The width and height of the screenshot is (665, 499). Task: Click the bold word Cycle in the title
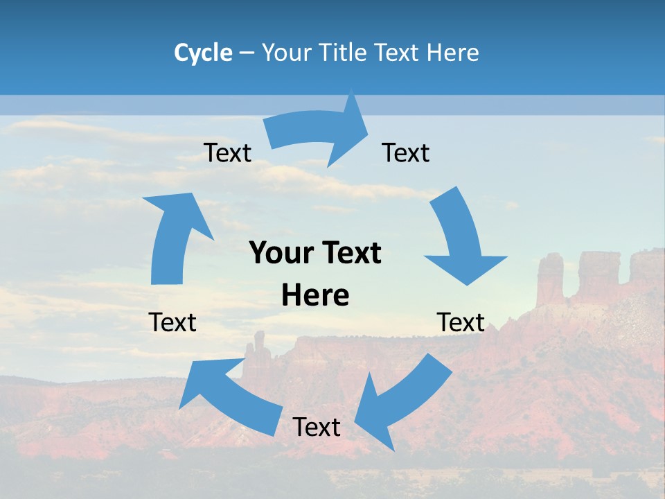pyautogui.click(x=203, y=53)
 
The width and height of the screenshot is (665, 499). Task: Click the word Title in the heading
pyautogui.click(x=343, y=53)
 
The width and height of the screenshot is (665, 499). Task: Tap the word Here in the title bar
pyautogui.click(x=453, y=53)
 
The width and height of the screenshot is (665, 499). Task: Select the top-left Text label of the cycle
pyautogui.click(x=228, y=153)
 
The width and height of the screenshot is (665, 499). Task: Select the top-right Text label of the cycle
pyautogui.click(x=406, y=153)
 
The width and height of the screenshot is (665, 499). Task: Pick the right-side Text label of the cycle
pyautogui.click(x=461, y=322)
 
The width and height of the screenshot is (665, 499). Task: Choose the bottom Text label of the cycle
pyautogui.click(x=317, y=427)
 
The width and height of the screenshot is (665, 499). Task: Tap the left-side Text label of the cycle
pyautogui.click(x=172, y=322)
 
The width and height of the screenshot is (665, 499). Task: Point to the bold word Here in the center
pyautogui.click(x=315, y=296)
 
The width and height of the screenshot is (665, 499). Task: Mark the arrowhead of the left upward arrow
pyautogui.click(x=177, y=208)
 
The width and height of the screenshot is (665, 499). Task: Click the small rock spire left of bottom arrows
pyautogui.click(x=259, y=346)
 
